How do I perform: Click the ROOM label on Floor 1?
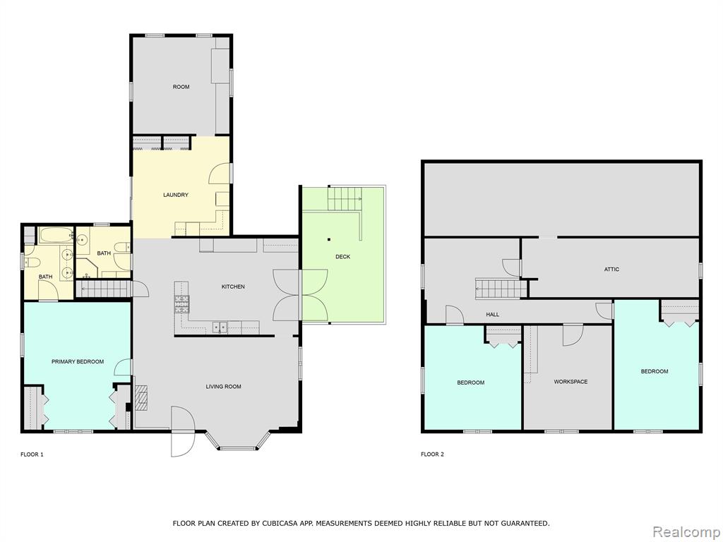pyautogui.click(x=181, y=87)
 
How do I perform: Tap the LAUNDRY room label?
pyautogui.click(x=176, y=195)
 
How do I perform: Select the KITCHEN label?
pyautogui.click(x=233, y=287)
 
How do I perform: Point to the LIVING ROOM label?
pyautogui.click(x=223, y=387)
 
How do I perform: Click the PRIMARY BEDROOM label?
pyautogui.click(x=78, y=362)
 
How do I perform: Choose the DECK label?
pyautogui.click(x=342, y=257)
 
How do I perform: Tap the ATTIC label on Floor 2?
pyautogui.click(x=611, y=269)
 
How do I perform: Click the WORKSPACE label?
pyautogui.click(x=570, y=382)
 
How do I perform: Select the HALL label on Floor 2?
pyautogui.click(x=492, y=314)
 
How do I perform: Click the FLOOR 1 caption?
pyautogui.click(x=32, y=454)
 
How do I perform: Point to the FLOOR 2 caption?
pyautogui.click(x=432, y=454)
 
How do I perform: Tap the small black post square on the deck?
pyautogui.click(x=329, y=239)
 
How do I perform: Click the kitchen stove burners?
pyautogui.click(x=181, y=304)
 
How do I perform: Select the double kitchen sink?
pyautogui.click(x=219, y=327)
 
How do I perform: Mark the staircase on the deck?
pyautogui.click(x=345, y=198)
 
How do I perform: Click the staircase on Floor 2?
pyautogui.click(x=501, y=289)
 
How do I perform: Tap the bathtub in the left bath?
pyautogui.click(x=56, y=236)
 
